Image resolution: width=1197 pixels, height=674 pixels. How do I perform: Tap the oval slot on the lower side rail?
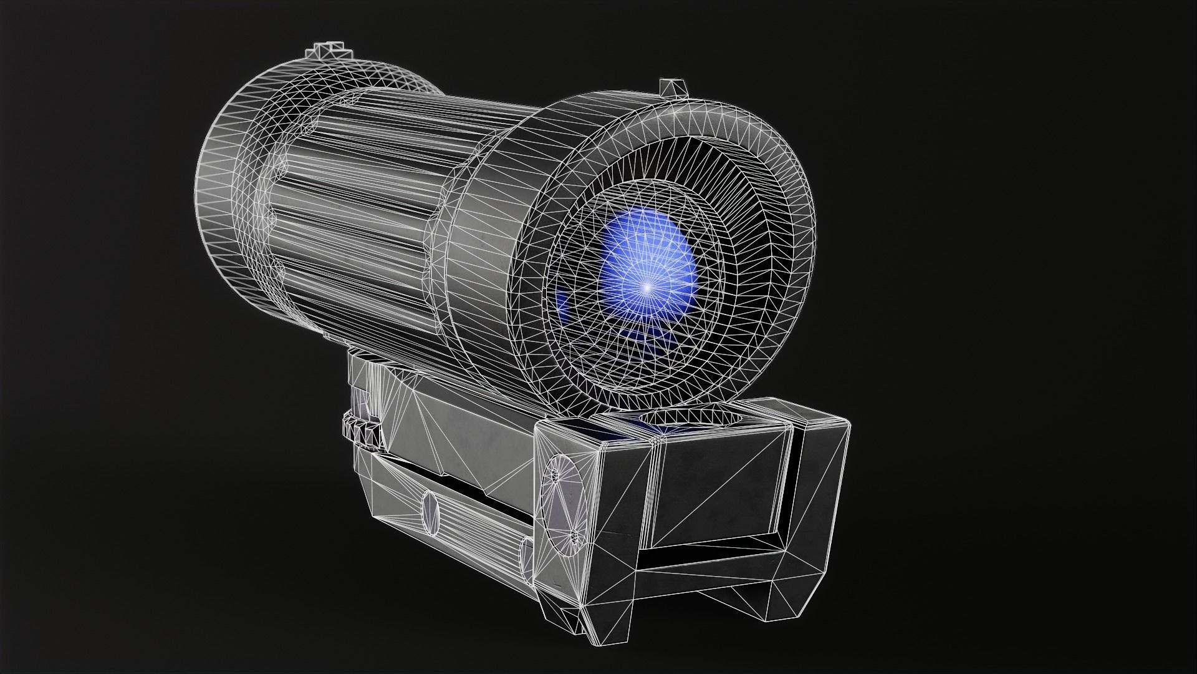[x=430, y=512]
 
